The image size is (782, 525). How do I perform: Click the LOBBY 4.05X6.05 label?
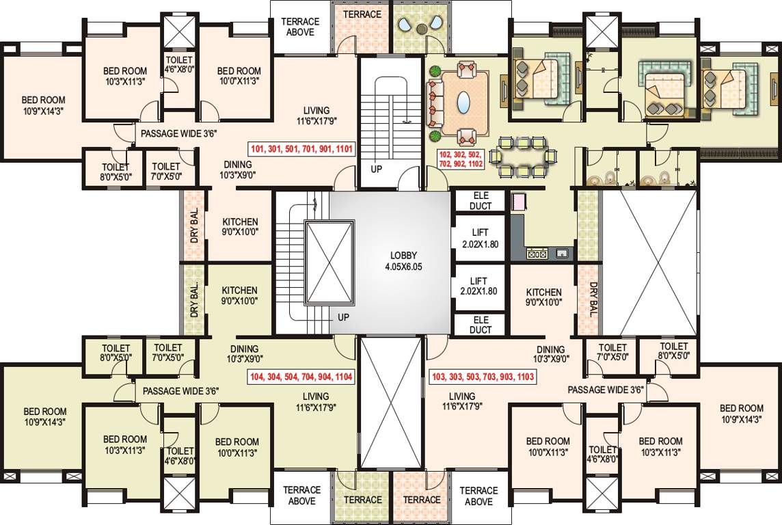pos(403,260)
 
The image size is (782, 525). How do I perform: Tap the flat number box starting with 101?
pos(301,148)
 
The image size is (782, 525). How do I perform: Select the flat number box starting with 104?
pos(301,377)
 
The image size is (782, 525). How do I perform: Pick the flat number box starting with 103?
pos(483,377)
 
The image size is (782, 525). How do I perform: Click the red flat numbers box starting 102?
pos(461,159)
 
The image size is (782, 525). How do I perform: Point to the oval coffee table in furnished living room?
pos(464,103)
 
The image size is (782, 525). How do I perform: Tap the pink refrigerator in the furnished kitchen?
pos(519,202)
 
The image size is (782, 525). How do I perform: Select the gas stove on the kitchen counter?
pos(537,254)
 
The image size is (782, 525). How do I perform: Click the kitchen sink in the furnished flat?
pos(562,254)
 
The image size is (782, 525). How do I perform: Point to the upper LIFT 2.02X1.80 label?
pos(480,239)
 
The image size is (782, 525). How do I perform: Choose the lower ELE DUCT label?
pos(481,325)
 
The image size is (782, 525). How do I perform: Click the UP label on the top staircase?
pos(377,169)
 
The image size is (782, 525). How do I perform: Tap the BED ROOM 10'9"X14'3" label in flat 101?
pos(43,105)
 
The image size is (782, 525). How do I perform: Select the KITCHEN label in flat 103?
pos(543,292)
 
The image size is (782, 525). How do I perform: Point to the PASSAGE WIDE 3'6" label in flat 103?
pos(606,390)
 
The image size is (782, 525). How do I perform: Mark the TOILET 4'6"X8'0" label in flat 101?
pos(180,65)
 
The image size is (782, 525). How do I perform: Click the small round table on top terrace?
pos(422,29)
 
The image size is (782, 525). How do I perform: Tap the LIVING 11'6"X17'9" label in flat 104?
pos(316,401)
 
